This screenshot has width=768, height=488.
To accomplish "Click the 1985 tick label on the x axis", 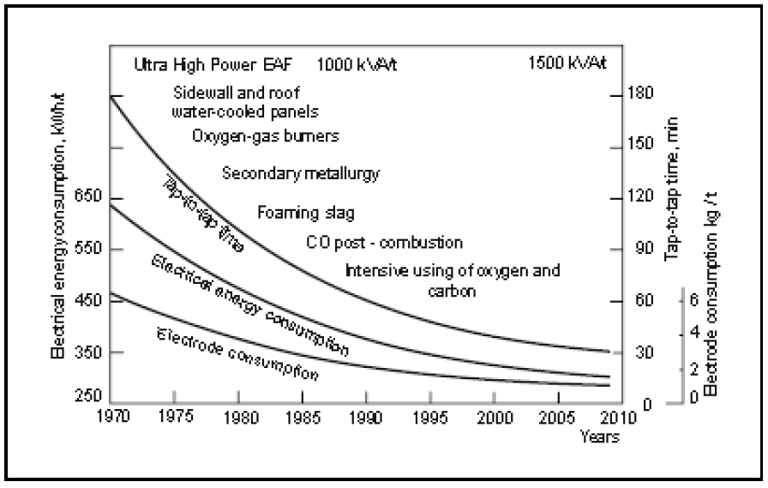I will point(303,419).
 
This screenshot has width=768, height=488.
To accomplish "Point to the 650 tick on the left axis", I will point(92,197).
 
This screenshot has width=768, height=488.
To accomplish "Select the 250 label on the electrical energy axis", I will point(92,398).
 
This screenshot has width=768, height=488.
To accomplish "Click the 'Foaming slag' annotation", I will point(306,213).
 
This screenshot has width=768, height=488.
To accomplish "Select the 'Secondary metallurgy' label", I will point(300,173).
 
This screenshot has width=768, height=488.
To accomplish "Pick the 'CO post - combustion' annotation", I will point(384,243).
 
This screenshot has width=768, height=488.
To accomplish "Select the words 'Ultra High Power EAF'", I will point(213,63).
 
